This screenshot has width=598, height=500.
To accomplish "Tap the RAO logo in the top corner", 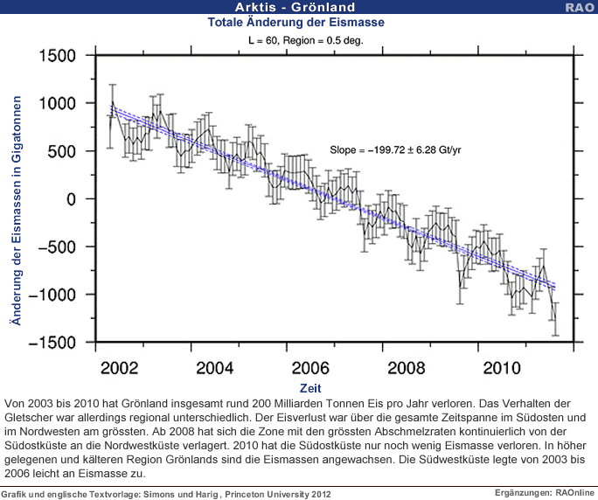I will pyautogui.click(x=580, y=7).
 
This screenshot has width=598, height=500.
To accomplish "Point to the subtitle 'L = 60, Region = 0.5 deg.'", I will pyautogui.click(x=301, y=40).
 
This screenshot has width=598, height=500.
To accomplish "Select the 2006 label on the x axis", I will pyautogui.click(x=310, y=366).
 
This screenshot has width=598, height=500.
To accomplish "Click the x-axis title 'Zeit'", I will pyautogui.click(x=310, y=387).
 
